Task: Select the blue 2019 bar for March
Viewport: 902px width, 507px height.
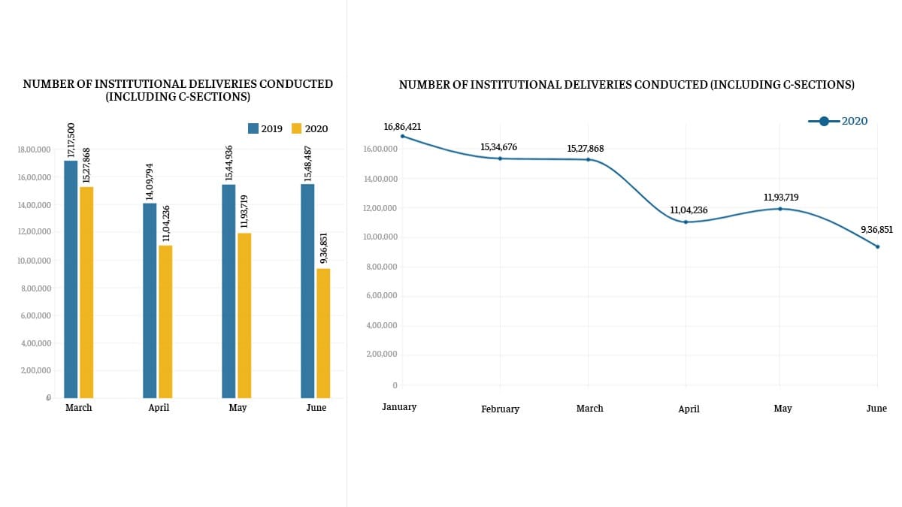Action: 71,279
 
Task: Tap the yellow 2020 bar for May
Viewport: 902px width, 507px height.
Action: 244,315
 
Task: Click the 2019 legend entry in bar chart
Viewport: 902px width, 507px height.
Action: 265,128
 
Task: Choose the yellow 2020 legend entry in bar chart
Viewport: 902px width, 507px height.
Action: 309,128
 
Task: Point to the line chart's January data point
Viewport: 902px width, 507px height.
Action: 402,136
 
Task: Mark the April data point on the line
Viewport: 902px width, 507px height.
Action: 686,222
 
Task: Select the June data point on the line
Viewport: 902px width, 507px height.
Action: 877,246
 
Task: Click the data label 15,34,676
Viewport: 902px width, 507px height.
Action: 498,146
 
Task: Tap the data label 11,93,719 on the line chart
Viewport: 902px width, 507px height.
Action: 780,197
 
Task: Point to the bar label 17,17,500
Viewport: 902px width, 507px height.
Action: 71,140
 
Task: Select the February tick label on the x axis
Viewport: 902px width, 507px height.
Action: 500,409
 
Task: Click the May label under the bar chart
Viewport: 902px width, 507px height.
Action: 238,408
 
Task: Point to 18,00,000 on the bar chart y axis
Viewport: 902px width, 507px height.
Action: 33,149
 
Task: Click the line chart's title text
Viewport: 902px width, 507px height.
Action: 626,85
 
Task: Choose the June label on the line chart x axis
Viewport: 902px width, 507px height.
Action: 876,409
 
